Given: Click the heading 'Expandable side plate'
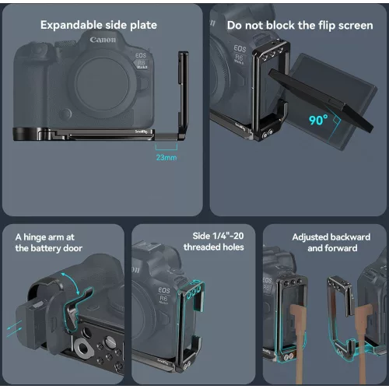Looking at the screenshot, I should [x=99, y=25].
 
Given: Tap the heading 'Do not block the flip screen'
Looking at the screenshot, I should [x=299, y=25].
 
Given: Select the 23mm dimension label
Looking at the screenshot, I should [x=166, y=157].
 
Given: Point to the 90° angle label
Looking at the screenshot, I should [x=295, y=121].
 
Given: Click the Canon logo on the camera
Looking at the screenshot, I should [x=102, y=40].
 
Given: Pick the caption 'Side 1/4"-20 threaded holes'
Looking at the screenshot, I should [x=213, y=241].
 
